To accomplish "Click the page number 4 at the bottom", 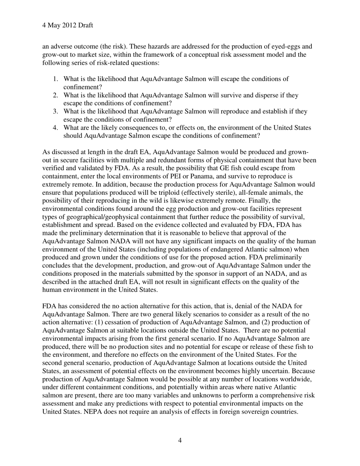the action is tap(180, 440).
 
